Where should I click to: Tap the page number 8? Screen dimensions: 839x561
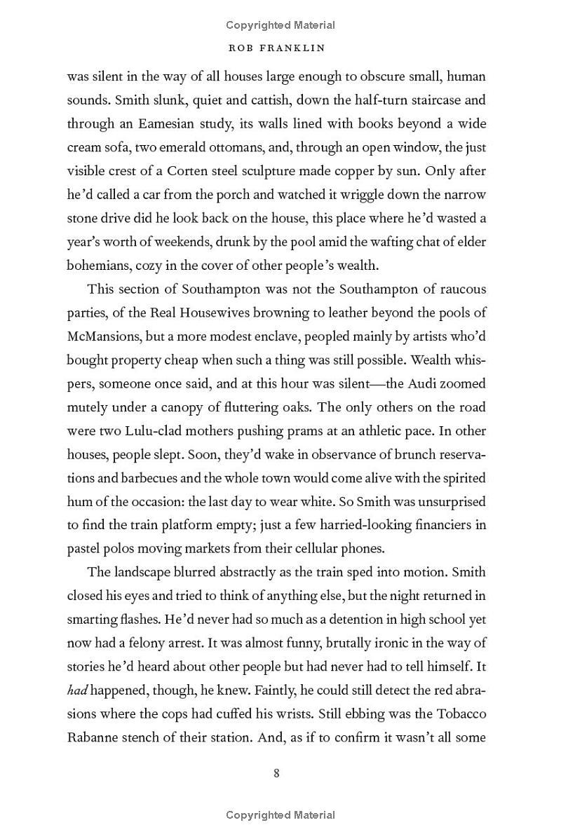(276, 773)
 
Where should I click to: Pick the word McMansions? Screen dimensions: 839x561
(104, 336)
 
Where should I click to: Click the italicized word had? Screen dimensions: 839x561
(76, 690)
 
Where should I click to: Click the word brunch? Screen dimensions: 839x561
(376, 454)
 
